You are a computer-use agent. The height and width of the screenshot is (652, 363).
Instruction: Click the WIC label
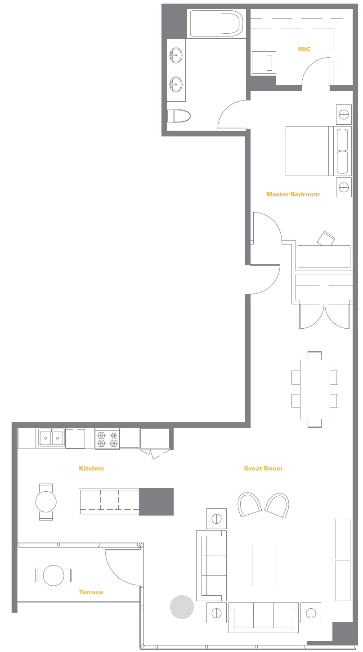click(304, 49)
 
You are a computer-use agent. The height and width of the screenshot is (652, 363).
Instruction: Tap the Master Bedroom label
click(293, 194)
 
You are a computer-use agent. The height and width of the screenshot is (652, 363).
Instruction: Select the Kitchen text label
click(91, 468)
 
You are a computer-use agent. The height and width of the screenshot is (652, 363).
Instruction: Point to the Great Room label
click(263, 468)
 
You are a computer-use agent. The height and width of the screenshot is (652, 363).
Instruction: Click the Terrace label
click(91, 592)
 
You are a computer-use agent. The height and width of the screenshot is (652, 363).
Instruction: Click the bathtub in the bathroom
click(217, 23)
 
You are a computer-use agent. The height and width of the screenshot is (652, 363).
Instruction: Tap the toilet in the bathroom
click(179, 116)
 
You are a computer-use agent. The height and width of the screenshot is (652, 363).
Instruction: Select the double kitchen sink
click(51, 438)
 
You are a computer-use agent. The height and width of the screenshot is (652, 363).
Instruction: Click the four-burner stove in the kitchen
click(107, 439)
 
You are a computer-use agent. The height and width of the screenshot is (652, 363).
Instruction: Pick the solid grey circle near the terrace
click(182, 607)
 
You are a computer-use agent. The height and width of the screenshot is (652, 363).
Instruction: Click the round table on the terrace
click(54, 575)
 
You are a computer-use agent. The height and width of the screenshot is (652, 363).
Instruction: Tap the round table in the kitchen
click(46, 502)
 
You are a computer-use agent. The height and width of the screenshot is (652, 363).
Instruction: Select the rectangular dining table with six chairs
click(315, 389)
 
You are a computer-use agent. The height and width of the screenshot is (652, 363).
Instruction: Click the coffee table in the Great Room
click(263, 566)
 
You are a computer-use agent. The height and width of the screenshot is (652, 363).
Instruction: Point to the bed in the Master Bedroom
click(318, 151)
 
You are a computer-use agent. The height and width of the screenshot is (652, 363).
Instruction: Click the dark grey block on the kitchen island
click(156, 502)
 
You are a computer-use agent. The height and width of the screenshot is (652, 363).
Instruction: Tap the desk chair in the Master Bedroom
click(326, 238)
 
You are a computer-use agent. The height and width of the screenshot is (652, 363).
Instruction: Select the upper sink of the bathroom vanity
click(176, 55)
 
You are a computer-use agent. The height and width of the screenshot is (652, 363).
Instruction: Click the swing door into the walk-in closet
click(316, 71)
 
